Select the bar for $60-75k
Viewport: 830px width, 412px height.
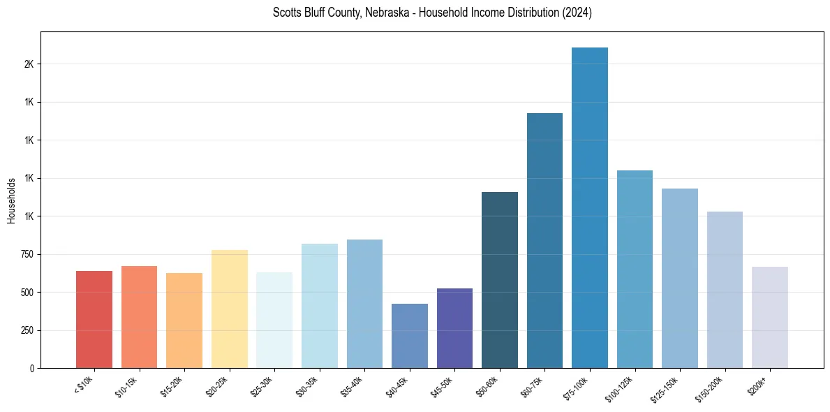[544, 241]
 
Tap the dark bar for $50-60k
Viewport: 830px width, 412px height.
[500, 280]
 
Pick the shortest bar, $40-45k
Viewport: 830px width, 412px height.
[410, 336]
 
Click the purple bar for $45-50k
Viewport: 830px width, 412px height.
[454, 328]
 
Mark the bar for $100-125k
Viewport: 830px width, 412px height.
[635, 270]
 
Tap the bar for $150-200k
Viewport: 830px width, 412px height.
[725, 290]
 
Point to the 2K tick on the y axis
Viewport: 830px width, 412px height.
[29, 64]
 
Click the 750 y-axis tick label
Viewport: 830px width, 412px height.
[27, 254]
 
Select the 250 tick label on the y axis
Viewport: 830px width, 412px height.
[27, 330]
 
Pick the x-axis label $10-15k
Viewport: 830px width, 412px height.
[127, 386]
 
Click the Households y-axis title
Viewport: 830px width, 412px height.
[11, 200]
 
